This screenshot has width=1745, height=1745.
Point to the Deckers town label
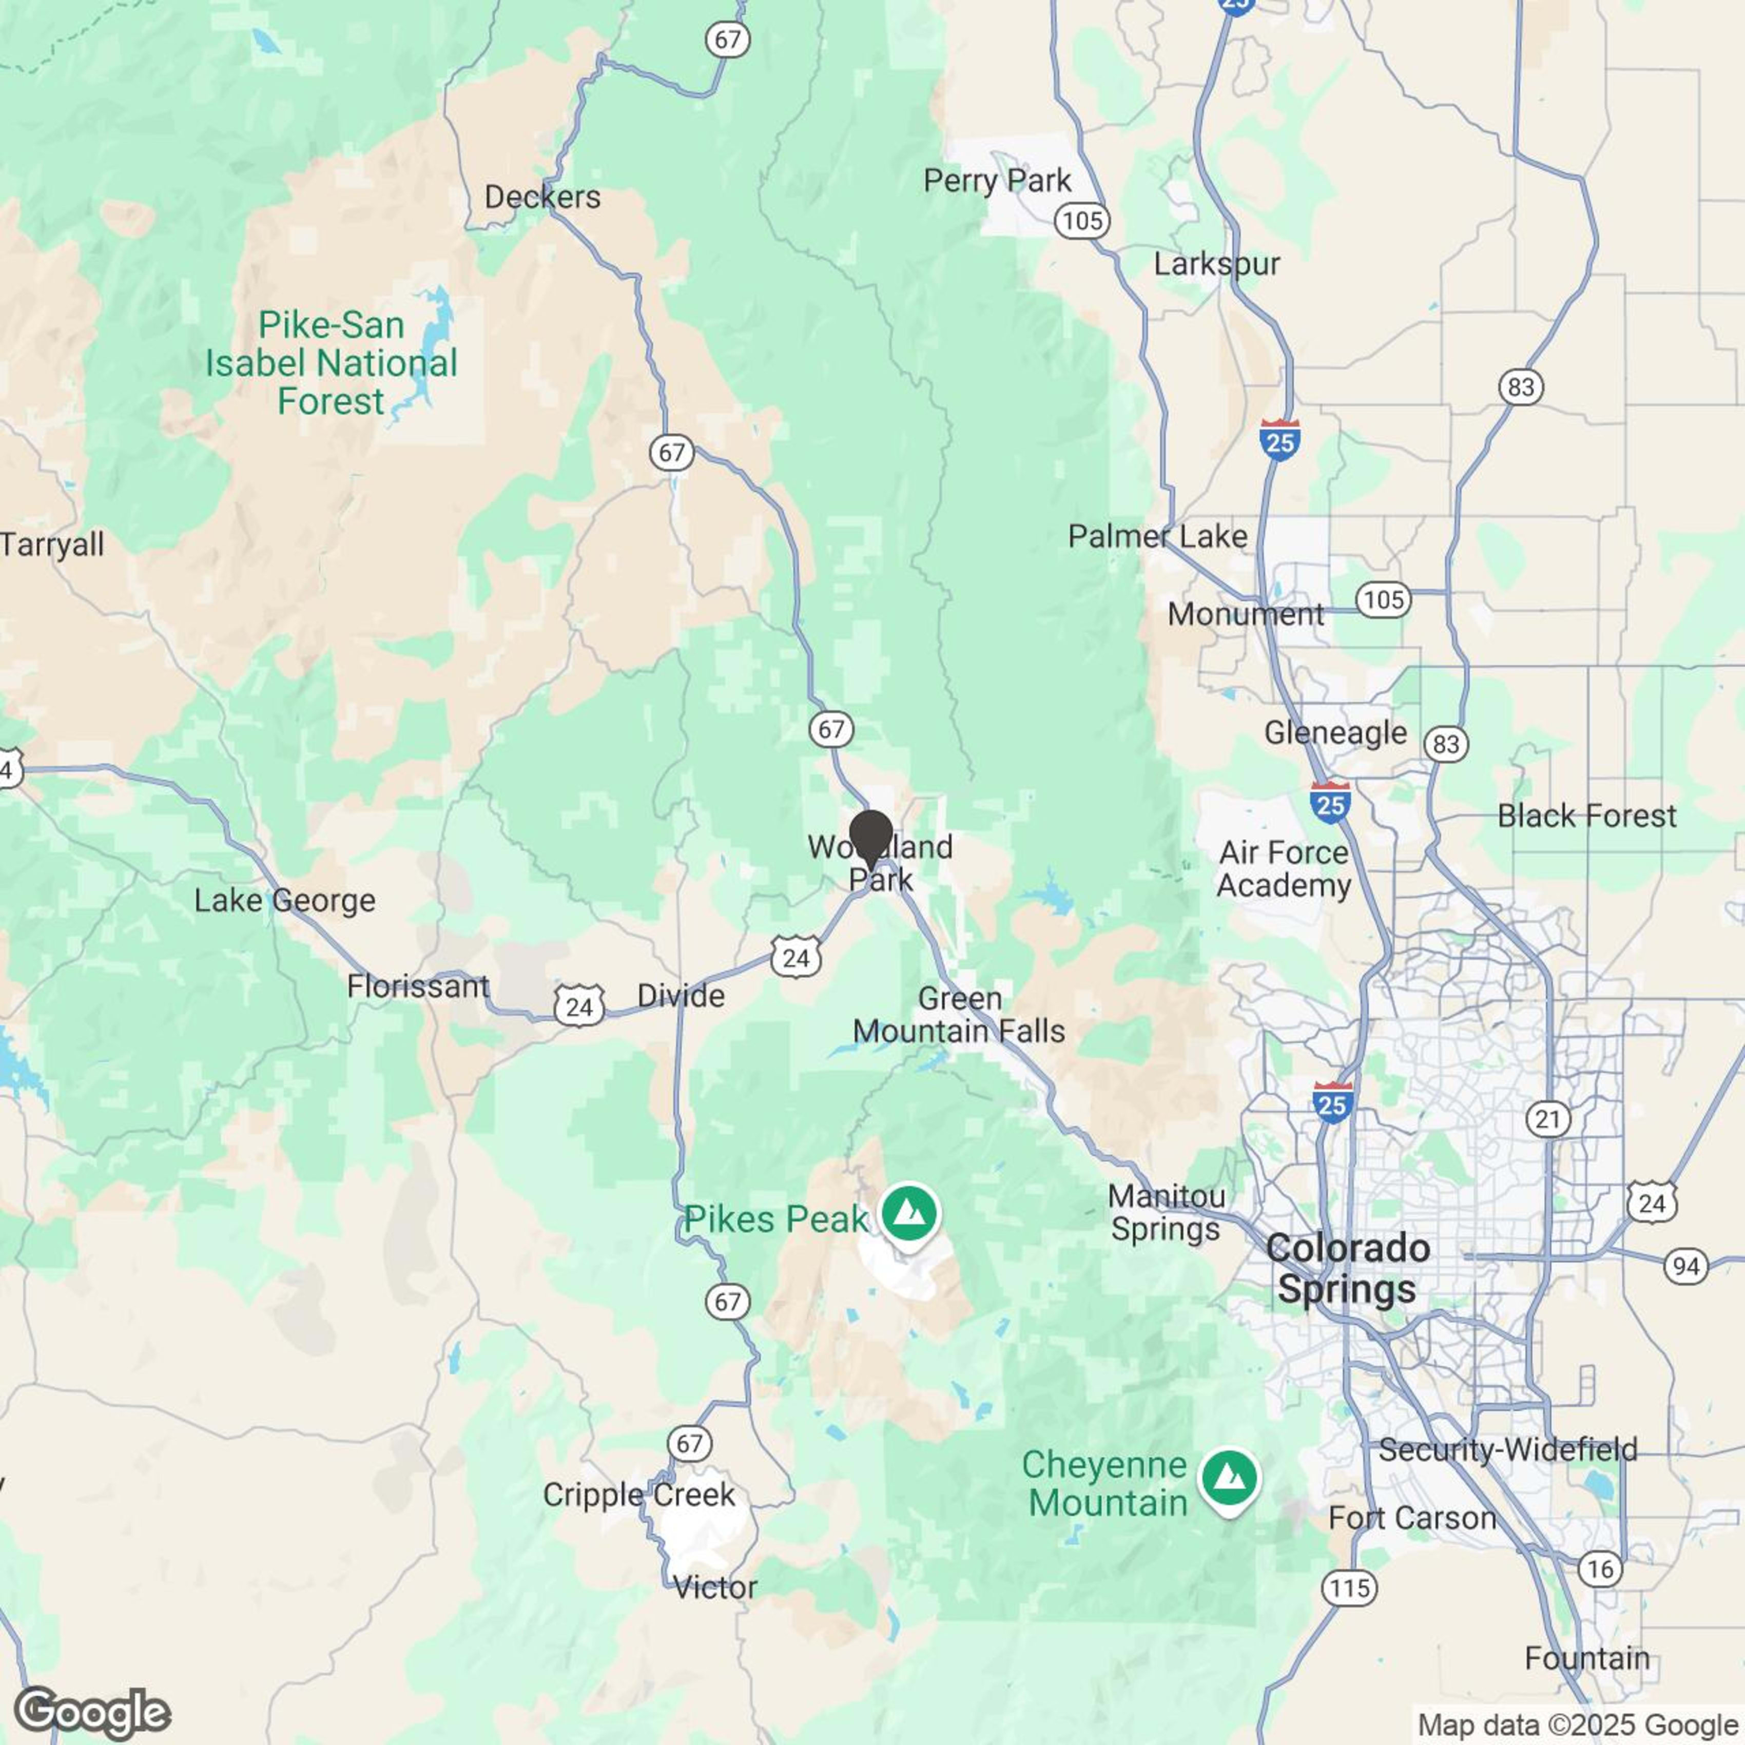pos(542,197)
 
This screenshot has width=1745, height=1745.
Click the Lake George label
pos(284,901)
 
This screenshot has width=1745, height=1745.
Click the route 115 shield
pos(1349,1588)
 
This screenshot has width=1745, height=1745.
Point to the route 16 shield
pos(1600,1569)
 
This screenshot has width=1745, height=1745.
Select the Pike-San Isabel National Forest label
pos(332,363)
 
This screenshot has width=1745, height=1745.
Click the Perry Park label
pos(997,181)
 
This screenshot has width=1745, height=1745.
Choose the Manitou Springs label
pos(1166,1212)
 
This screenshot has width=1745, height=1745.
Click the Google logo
pos(92,1713)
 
